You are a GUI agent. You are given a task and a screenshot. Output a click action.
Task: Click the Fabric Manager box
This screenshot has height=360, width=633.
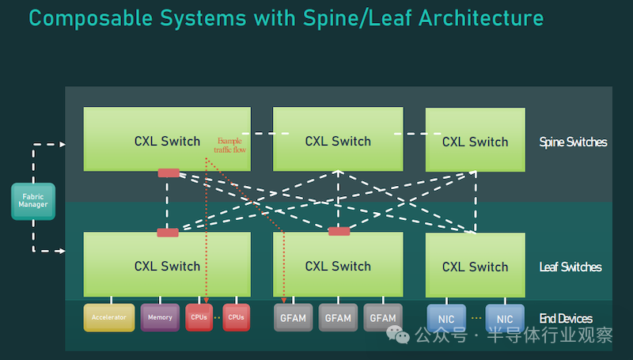33,200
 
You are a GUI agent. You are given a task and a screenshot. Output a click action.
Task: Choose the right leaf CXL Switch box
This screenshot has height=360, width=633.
475,265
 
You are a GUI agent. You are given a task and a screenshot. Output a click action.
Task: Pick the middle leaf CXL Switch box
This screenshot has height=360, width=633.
338,265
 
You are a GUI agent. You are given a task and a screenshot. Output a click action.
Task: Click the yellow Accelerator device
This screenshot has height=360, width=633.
109,317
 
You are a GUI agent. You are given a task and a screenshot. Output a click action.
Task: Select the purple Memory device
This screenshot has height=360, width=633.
160,317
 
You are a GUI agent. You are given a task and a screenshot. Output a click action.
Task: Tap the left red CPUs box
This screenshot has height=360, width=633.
199,317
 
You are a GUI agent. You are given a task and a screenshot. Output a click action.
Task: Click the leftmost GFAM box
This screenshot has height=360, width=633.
294,317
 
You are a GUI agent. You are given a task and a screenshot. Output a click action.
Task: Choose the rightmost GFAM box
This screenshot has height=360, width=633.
383,317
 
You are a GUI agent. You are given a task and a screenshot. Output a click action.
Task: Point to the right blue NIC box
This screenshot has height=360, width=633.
505,318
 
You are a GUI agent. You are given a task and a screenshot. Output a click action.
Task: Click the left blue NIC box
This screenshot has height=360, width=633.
446,318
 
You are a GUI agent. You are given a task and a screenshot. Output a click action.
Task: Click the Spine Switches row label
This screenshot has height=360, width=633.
573,142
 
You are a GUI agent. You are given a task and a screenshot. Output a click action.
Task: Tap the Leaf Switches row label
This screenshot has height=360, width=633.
570,267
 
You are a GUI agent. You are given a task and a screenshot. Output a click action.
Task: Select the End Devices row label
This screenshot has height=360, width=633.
566,319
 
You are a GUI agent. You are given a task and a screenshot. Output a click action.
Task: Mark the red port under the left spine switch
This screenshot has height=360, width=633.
169,172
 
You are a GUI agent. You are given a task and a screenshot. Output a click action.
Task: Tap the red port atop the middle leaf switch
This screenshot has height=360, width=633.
339,231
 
